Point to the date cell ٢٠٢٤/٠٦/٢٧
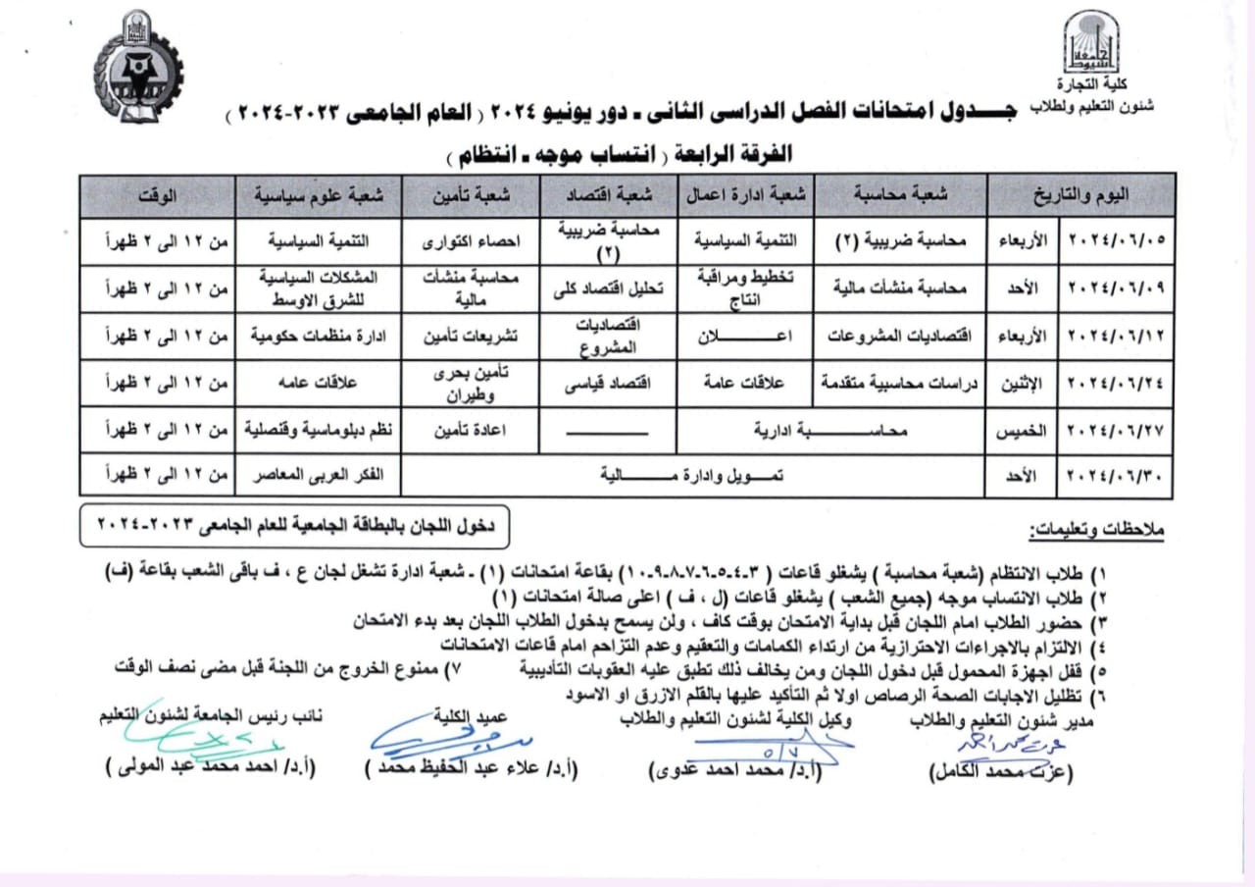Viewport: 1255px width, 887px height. [1116, 430]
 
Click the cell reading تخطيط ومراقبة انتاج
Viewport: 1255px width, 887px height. [748, 288]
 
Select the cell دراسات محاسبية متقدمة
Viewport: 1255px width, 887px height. [901, 384]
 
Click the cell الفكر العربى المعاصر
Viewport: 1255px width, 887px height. [319, 476]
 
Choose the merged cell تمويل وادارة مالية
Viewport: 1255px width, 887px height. [692, 476]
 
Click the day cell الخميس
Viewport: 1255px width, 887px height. [1022, 430]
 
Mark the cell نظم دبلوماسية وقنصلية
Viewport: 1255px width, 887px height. [319, 430]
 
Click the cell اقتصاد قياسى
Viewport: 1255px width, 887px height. [611, 384]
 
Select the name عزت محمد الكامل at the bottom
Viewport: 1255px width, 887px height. [1000, 771]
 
